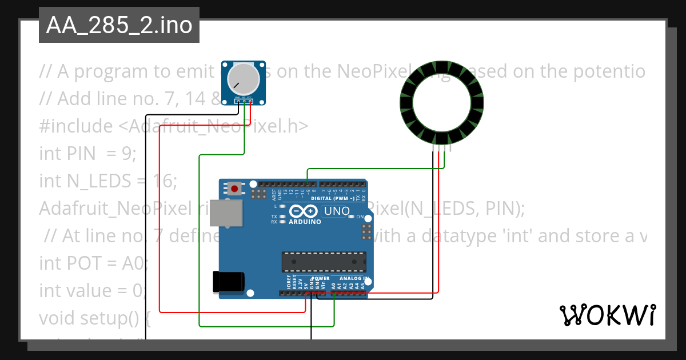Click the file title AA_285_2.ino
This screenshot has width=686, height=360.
pyautogui.click(x=119, y=25)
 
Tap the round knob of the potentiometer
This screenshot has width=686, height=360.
pyautogui.click(x=243, y=80)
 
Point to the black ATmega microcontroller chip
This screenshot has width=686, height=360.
pyautogui.click(x=324, y=261)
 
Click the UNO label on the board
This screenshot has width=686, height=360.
pyautogui.click(x=337, y=211)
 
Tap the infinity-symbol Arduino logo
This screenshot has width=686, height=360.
pyautogui.click(x=304, y=211)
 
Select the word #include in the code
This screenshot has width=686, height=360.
pyautogui.click(x=77, y=126)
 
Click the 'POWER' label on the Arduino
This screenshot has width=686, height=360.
pyautogui.click(x=320, y=278)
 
